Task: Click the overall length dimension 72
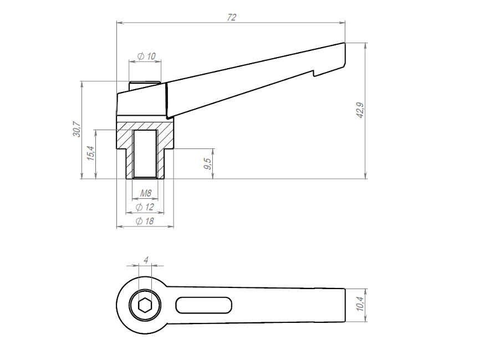tap(232, 17)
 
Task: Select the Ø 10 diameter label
tap(147, 56)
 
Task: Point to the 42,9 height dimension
tap(360, 110)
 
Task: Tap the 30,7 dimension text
tap(76, 129)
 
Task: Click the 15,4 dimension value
tap(91, 153)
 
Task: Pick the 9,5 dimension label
tap(207, 163)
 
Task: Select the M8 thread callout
tap(146, 193)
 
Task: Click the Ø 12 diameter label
tap(145, 207)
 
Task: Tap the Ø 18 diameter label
tap(145, 221)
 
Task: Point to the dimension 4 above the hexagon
tap(146, 260)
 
